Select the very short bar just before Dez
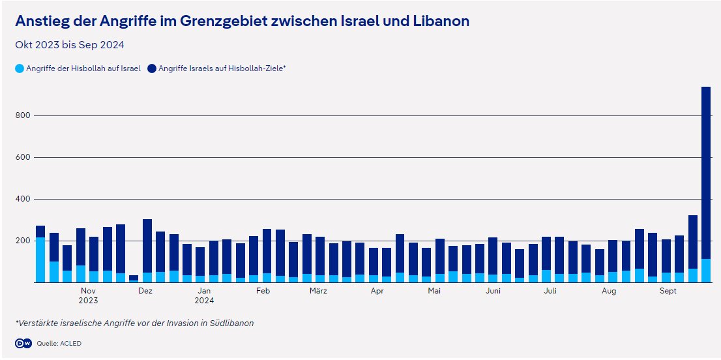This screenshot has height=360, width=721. pos(134,278)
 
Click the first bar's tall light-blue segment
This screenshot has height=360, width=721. pos(40,260)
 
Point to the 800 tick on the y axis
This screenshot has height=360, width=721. pos(23,115)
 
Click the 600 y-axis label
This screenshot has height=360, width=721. pos(23,157)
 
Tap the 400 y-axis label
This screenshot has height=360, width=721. pos(23,199)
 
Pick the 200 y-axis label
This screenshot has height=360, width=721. pos(23,241)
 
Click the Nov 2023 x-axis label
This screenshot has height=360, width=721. pos(88,295)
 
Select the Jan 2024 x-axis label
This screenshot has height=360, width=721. pos(204,295)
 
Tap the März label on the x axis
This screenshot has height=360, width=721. pos(318,291)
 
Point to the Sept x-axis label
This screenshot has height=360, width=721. pos(668,291)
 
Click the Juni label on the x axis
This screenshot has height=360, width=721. pos(493,291)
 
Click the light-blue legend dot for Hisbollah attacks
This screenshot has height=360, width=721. pos(20,68)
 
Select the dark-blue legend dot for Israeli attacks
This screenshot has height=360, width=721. pos(152,68)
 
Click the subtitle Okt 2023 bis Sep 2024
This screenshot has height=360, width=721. pos(70,45)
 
